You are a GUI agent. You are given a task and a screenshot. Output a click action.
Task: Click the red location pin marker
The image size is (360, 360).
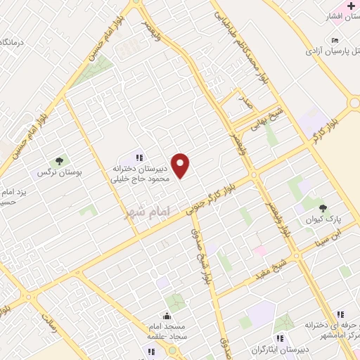click(181, 165)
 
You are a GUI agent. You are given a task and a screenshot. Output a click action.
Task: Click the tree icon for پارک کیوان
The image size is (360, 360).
click(323, 207)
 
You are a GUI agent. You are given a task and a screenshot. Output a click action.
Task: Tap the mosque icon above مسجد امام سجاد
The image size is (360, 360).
click(167, 316)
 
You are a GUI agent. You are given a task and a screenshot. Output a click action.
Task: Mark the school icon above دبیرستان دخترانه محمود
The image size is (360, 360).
click(139, 157)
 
